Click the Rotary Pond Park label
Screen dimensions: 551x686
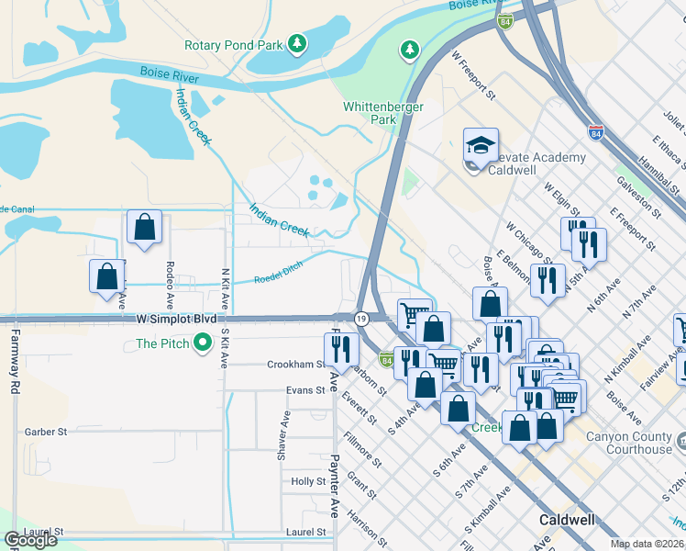232,44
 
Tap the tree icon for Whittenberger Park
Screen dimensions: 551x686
410,49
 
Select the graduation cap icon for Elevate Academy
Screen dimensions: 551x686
481,144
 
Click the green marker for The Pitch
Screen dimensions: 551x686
203,344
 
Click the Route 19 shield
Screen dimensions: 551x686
361,318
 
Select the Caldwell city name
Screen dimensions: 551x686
565,519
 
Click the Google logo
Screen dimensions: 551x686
30,540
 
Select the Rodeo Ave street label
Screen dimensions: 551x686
170,285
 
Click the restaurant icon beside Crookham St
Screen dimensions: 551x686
337,348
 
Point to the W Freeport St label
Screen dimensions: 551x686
473,74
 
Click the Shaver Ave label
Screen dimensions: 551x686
285,434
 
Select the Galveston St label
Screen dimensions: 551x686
638,197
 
